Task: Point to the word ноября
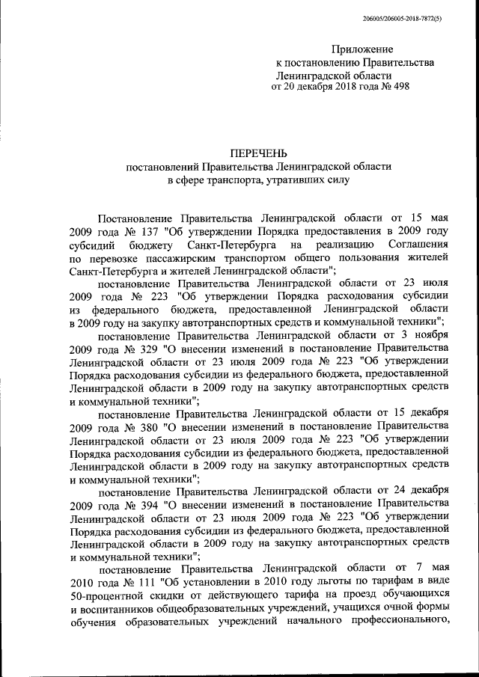coord(429,336)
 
